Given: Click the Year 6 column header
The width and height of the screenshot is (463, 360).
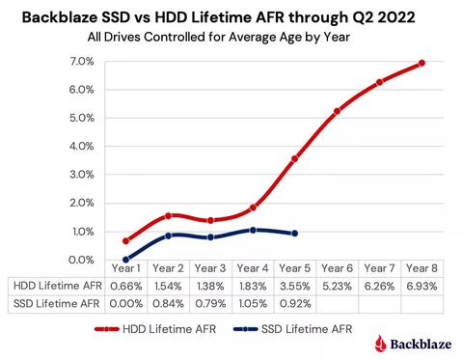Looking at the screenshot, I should (337, 268).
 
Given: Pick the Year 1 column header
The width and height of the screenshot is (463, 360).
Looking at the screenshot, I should (126, 268).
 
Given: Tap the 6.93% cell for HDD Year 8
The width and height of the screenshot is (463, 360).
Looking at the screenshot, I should (422, 286).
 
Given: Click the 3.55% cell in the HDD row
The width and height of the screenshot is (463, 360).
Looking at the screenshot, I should (295, 286).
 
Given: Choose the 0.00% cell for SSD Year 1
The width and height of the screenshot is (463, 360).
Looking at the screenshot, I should (126, 305).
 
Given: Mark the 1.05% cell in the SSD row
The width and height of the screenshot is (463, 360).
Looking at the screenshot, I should (253, 305).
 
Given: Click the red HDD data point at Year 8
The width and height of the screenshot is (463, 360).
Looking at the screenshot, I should (422, 64).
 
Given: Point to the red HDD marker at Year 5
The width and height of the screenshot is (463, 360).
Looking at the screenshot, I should (295, 159).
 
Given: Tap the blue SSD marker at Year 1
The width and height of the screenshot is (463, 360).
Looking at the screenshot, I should (126, 260).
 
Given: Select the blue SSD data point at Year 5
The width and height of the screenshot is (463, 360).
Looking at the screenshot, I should (295, 234).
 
